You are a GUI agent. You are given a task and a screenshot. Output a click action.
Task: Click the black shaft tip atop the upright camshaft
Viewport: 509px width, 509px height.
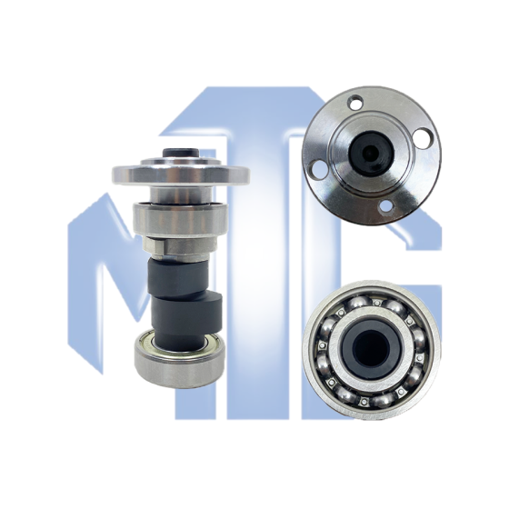coord(181,153)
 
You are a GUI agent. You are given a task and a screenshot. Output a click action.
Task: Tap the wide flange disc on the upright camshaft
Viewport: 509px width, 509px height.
coord(181,174)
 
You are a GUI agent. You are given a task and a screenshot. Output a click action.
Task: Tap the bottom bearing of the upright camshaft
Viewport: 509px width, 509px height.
coord(180,359)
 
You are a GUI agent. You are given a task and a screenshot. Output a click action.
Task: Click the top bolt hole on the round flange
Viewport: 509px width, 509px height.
coord(355,102)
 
